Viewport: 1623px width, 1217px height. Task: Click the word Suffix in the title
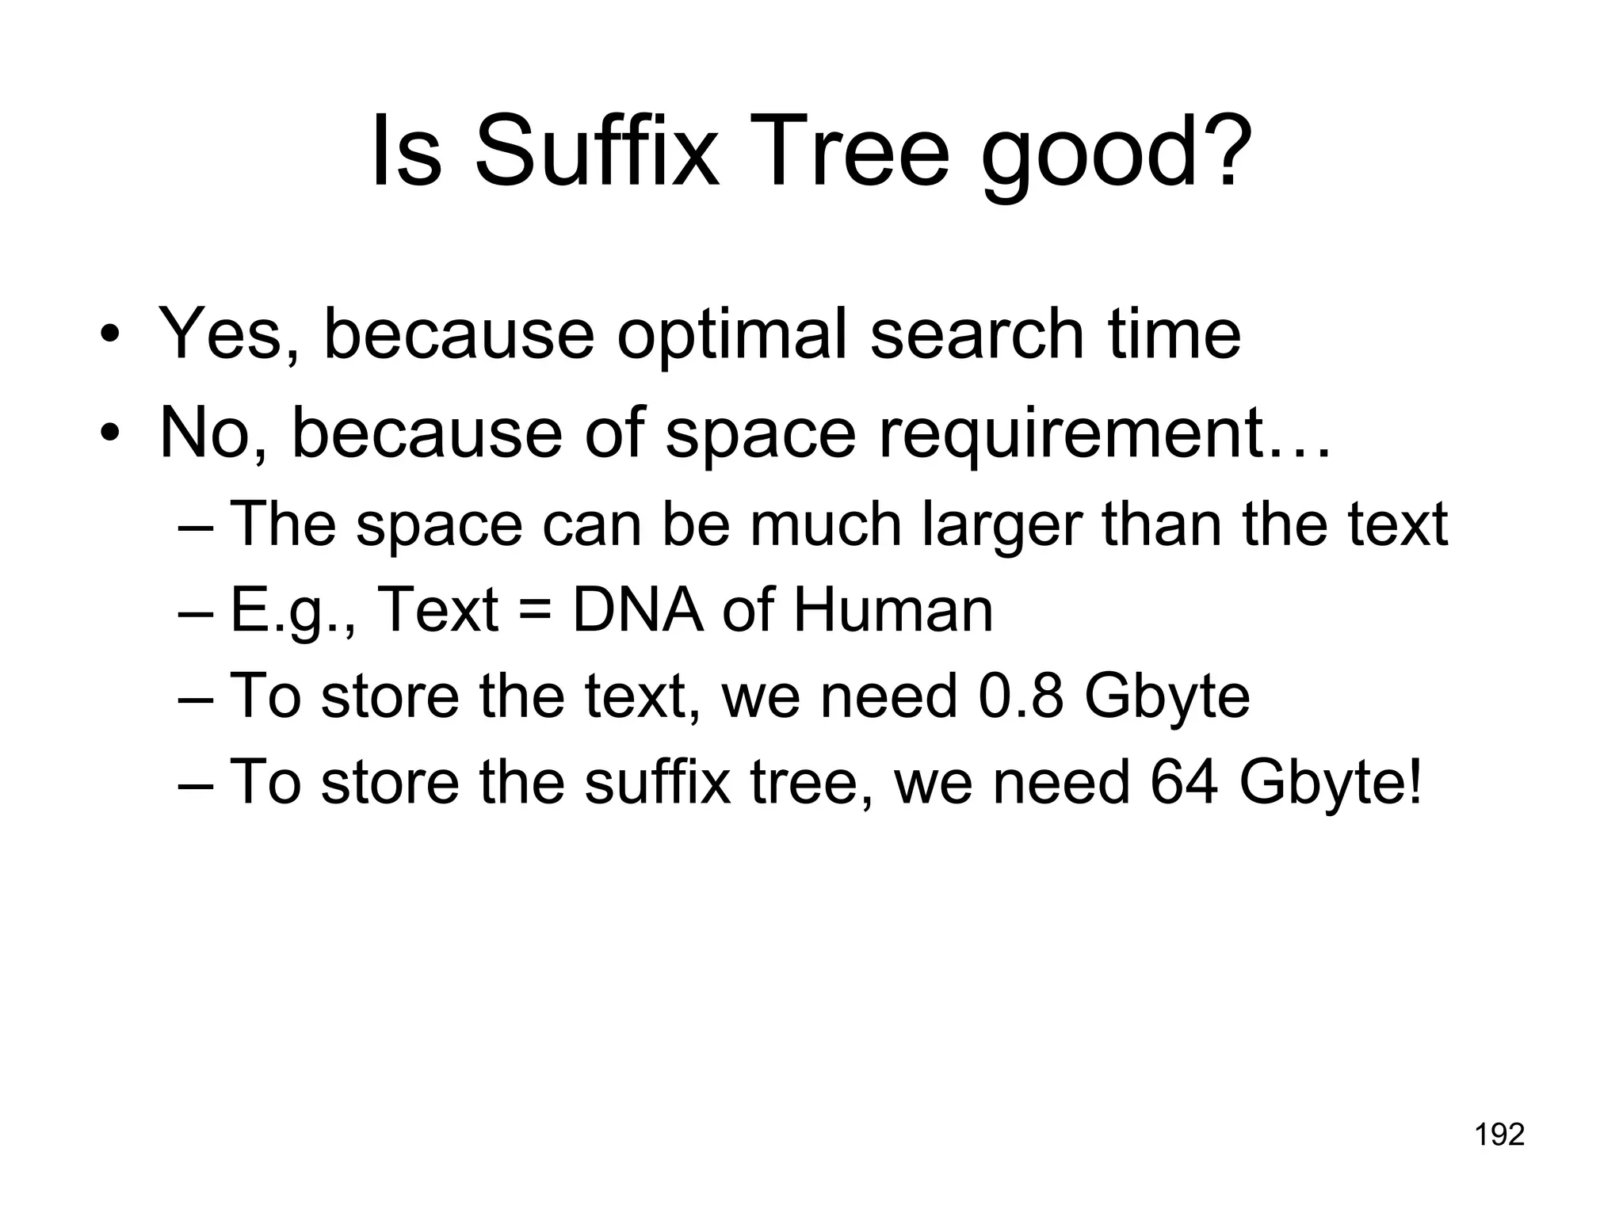pos(596,151)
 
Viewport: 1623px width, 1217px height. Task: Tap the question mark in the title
pos(1223,151)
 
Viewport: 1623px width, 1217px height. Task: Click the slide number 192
pos(1499,1135)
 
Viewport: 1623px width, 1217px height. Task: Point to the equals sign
pos(535,612)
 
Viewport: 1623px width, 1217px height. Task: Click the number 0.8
pos(1021,696)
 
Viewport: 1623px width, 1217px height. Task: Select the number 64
pos(1183,782)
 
